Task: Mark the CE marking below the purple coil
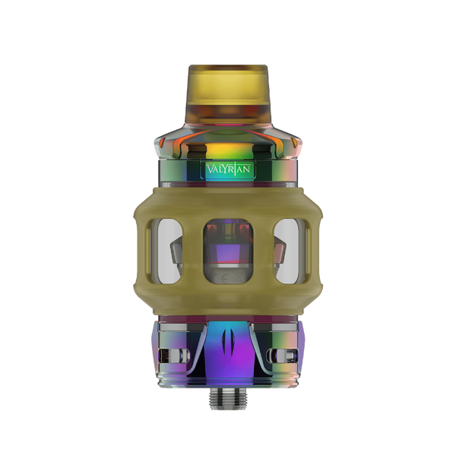[228, 283]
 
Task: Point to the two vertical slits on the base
[228, 349]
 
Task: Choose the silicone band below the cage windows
[228, 300]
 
